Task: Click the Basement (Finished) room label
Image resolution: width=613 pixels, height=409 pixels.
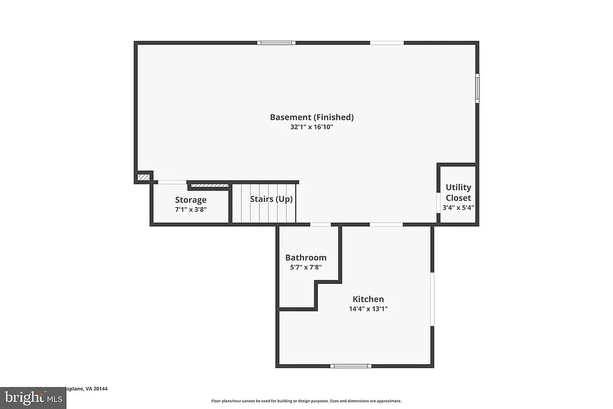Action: tap(311, 117)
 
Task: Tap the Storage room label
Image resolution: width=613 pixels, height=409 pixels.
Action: tap(190, 200)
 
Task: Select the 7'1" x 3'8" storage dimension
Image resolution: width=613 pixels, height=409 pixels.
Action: tap(190, 210)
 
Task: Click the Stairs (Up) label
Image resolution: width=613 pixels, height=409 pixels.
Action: tap(271, 199)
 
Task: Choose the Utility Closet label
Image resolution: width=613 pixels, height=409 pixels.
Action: tap(458, 192)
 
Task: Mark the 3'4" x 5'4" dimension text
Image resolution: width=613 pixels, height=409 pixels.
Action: tap(458, 207)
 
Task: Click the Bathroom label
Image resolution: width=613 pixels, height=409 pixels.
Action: tap(305, 257)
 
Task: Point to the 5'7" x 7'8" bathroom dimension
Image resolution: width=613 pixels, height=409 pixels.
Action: tap(305, 267)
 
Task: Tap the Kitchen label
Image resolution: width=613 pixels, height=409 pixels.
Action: tap(368, 299)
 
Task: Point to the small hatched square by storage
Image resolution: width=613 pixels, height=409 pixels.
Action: tap(143, 177)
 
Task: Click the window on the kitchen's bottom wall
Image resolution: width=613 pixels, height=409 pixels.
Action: tap(351, 365)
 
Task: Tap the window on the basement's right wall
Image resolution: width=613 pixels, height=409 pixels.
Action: tap(477, 88)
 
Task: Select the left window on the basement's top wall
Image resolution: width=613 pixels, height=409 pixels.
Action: tap(276, 43)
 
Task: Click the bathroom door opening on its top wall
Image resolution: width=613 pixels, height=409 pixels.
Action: tap(320, 225)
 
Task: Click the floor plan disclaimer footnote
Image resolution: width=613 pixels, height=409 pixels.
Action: tap(306, 401)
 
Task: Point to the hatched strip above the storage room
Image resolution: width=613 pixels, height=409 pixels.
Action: tap(209, 186)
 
